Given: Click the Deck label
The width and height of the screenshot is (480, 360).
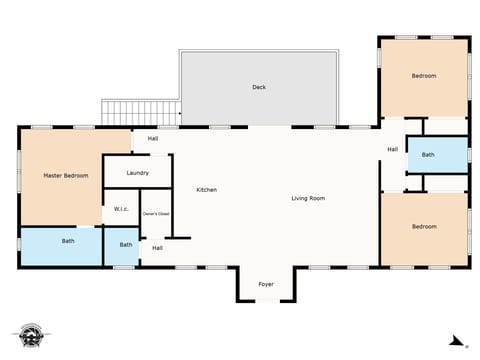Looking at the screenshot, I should pyautogui.click(x=259, y=87).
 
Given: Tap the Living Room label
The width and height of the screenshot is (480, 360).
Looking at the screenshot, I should pyautogui.click(x=308, y=198).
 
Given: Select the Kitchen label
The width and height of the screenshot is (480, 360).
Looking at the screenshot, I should pyautogui.click(x=207, y=190).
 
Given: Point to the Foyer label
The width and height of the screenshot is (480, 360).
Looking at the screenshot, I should pyautogui.click(x=266, y=285).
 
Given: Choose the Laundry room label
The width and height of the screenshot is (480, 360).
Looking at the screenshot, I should pyautogui.click(x=138, y=173).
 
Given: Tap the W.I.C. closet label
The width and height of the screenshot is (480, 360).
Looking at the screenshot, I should pyautogui.click(x=120, y=209).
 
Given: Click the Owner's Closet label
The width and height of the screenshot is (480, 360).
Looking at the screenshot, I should pyautogui.click(x=155, y=213).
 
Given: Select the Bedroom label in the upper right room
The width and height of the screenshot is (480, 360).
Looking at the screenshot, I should pyautogui.click(x=424, y=76).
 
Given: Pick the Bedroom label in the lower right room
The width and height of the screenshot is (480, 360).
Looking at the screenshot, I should pyautogui.click(x=424, y=226).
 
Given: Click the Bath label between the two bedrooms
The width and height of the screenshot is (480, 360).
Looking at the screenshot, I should pyautogui.click(x=428, y=155).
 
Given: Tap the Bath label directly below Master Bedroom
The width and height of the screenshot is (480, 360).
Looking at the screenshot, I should pyautogui.click(x=68, y=240).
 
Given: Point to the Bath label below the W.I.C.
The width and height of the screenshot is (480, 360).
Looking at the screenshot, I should pyautogui.click(x=126, y=245).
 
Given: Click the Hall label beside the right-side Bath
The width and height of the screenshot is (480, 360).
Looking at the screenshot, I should pyautogui.click(x=393, y=150).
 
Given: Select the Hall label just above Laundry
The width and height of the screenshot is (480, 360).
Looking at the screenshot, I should pyautogui.click(x=152, y=139).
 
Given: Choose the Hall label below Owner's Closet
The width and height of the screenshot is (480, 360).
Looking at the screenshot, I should pyautogui.click(x=157, y=248).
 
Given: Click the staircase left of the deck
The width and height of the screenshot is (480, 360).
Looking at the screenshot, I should pyautogui.click(x=140, y=112).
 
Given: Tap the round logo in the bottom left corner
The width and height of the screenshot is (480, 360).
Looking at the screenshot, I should pyautogui.click(x=30, y=335).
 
